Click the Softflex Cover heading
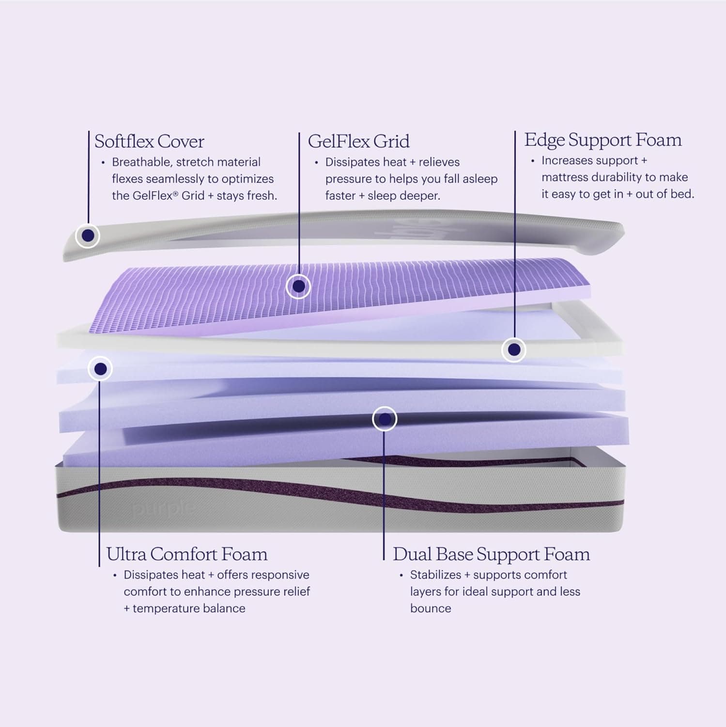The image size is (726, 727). coord(149,142)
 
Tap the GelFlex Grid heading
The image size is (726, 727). coord(358,142)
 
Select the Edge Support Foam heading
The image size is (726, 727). coord(602,140)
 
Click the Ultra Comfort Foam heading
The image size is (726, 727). coord(186,554)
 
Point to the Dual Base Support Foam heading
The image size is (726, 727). coord(491,554)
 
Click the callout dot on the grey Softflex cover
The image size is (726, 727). coord(88,236)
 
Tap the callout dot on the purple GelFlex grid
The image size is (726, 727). coord(298,286)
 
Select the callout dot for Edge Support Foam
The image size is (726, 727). coord(514,349)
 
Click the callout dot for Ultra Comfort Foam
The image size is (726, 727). coord(100,369)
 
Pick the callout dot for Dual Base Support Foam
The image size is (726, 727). coord(385,419)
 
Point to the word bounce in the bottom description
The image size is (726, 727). coord(431,608)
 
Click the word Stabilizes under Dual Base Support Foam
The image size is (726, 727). coord(435,575)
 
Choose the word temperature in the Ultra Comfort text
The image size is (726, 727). coord(165,608)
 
